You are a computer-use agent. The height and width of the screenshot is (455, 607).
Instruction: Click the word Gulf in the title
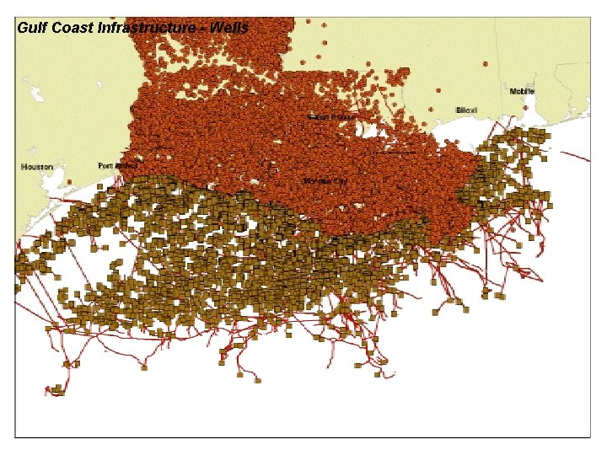(32, 28)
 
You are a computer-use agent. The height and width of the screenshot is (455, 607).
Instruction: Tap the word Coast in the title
(73, 28)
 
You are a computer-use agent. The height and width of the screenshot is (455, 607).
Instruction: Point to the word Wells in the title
(229, 28)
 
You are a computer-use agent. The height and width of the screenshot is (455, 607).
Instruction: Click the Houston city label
(36, 168)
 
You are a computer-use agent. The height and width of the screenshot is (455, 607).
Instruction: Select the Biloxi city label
(466, 110)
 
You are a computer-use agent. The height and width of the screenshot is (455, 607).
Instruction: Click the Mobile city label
(522, 91)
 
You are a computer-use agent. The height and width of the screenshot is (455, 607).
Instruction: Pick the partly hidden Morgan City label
(325, 180)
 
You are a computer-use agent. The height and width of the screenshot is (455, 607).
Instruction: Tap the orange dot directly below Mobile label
(526, 107)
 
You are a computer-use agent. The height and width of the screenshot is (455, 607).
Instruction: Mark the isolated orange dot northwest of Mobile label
(485, 63)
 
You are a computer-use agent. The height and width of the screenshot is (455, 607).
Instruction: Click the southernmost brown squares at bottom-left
(56, 390)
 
